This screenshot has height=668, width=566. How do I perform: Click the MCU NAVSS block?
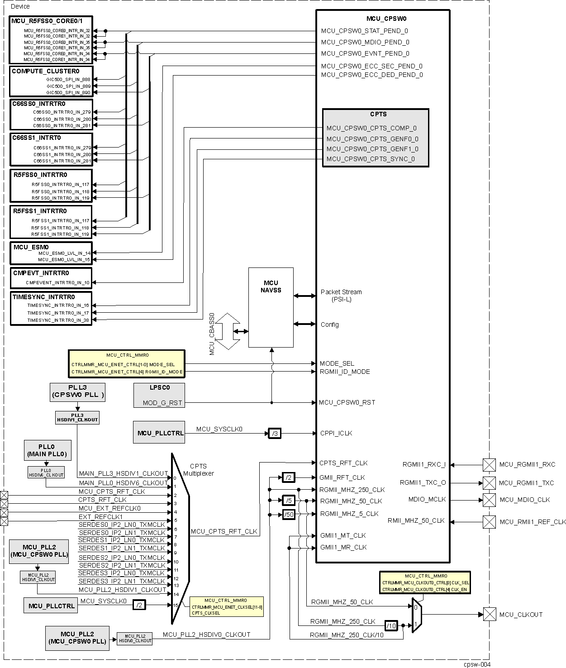(x=271, y=307)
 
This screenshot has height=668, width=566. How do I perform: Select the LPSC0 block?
(x=159, y=395)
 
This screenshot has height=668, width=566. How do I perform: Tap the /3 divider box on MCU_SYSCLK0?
(x=274, y=434)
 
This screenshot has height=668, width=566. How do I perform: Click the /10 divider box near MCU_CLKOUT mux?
(x=391, y=625)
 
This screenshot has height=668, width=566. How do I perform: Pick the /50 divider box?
(x=288, y=515)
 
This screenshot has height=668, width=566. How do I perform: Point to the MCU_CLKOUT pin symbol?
(x=490, y=615)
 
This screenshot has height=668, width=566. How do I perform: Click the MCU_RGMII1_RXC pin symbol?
(x=489, y=465)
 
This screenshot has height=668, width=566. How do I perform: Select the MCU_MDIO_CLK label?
(x=524, y=500)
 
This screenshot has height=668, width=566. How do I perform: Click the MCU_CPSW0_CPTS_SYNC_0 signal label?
(x=371, y=159)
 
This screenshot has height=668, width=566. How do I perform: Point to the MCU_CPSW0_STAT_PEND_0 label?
(x=364, y=31)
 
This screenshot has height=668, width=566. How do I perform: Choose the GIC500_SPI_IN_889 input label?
(x=68, y=86)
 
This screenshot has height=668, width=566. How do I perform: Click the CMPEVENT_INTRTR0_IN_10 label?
(x=57, y=283)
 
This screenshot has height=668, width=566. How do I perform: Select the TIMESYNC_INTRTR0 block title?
(x=44, y=297)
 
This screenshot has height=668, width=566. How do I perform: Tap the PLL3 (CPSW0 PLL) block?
(x=77, y=391)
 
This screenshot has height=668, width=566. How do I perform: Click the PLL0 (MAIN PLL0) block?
(x=47, y=450)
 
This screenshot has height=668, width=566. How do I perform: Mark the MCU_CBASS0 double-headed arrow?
(x=228, y=331)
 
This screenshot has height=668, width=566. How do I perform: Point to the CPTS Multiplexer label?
(x=198, y=470)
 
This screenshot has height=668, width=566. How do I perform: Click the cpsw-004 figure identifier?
(x=476, y=664)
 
